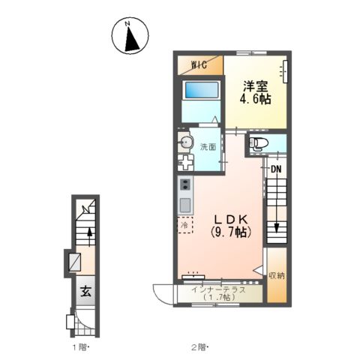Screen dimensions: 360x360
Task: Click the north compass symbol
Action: (130, 35)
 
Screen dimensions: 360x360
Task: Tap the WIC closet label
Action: (199, 65)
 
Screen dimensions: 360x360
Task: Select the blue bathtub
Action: (201, 90)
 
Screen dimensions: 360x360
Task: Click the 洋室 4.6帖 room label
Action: (256, 92)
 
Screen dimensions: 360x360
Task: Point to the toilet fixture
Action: (259, 144)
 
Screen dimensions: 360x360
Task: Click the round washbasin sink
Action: (185, 142)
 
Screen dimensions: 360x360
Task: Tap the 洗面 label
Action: (208, 147)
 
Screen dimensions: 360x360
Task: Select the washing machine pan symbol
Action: (185, 163)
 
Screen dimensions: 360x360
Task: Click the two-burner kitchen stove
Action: (185, 184)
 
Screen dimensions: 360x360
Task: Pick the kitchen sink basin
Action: (185, 205)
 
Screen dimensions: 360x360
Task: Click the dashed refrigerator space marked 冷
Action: (185, 225)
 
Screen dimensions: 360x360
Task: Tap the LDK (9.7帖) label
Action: (231, 226)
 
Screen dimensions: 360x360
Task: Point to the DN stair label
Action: (276, 169)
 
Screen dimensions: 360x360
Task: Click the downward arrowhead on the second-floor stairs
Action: (277, 228)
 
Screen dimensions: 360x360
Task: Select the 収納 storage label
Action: (277, 276)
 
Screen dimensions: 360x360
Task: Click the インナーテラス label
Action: (219, 290)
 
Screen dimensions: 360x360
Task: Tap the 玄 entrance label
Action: (85, 291)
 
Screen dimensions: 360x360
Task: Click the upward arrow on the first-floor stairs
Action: (90, 236)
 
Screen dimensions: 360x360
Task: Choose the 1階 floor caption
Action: (81, 347)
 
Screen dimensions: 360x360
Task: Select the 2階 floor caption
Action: (200, 347)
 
